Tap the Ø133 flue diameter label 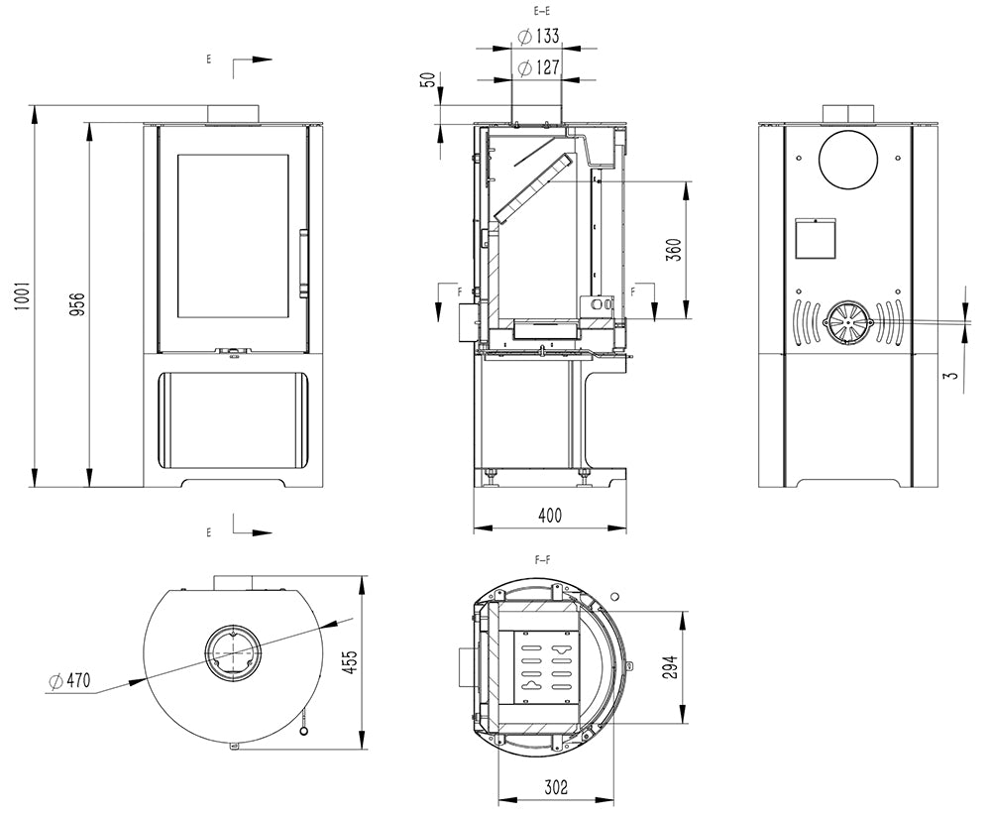click(538, 37)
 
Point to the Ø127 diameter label click(538, 68)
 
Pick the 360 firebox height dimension click(674, 249)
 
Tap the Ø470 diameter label click(68, 680)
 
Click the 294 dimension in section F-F click(670, 667)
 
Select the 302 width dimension click(556, 788)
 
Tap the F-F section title click(543, 561)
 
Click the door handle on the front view click(303, 262)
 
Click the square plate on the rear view click(818, 236)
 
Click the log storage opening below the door click(233, 420)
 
